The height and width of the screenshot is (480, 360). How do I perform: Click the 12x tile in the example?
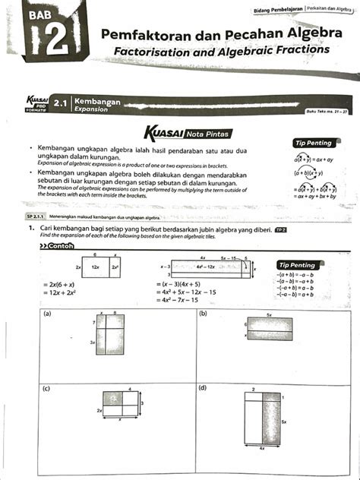pos(97,269)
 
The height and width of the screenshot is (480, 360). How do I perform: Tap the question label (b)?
pos(204,313)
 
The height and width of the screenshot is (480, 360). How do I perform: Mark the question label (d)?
pos(204,388)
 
